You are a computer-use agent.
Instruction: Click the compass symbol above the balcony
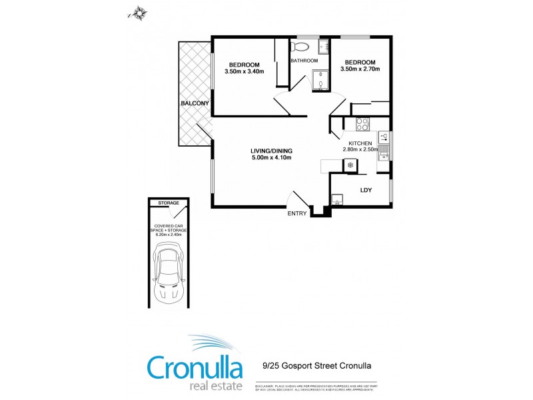click(x=139, y=11)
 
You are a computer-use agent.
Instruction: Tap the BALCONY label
click(x=195, y=103)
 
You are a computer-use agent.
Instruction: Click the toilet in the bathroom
click(x=300, y=47)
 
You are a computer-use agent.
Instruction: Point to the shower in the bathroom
click(x=320, y=80)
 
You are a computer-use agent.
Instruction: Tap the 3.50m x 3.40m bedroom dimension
click(x=245, y=71)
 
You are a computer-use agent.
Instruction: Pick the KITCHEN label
click(x=360, y=143)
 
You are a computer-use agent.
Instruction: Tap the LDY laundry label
click(x=366, y=190)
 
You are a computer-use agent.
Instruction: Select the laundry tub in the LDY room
click(x=337, y=198)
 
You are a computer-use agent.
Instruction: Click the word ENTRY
click(x=297, y=213)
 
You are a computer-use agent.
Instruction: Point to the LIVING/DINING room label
click(x=272, y=150)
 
